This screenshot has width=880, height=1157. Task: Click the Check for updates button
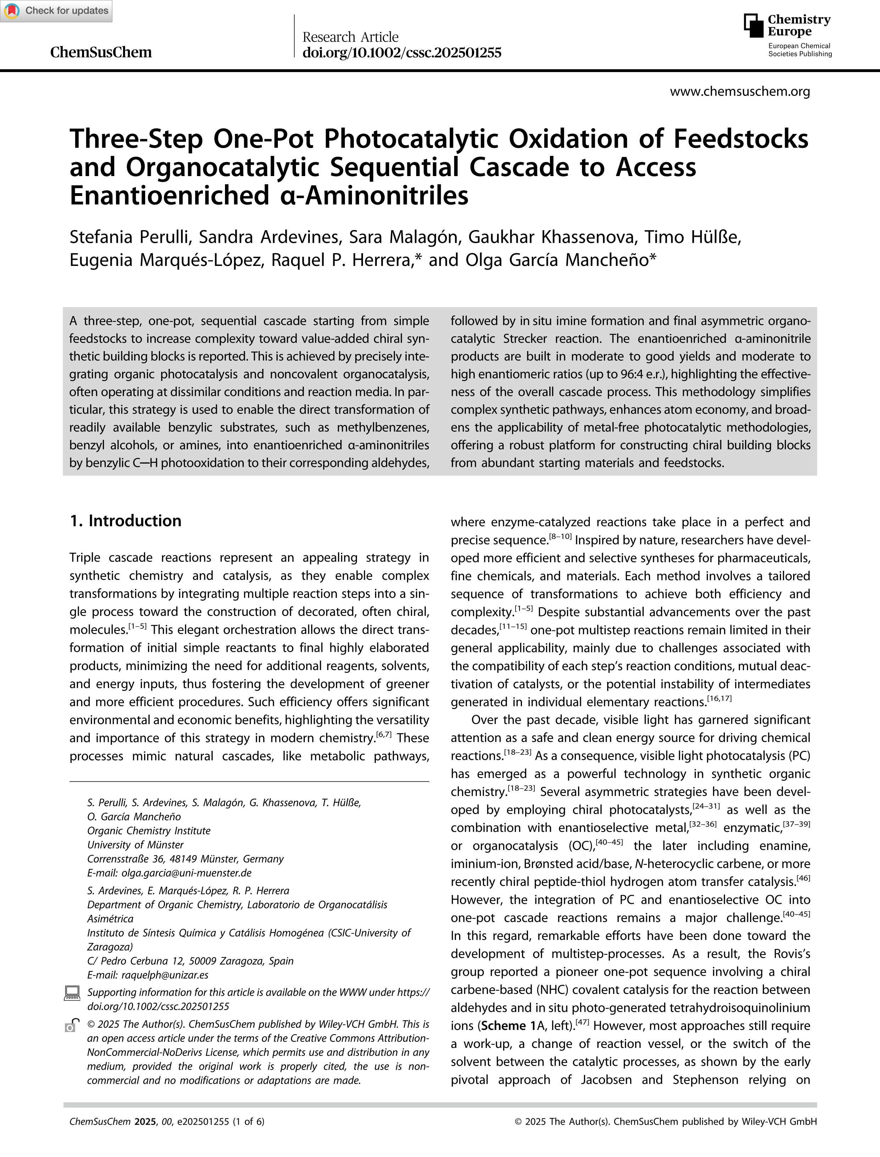(56, 11)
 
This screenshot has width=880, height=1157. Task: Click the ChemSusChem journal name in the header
(100, 53)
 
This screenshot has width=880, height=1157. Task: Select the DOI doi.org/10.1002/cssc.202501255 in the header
(402, 53)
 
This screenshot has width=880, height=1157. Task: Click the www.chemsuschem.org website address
(739, 92)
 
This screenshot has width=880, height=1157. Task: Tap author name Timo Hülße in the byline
(693, 238)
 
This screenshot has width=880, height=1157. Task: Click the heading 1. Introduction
(126, 520)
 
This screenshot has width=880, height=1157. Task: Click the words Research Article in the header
(351, 37)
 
